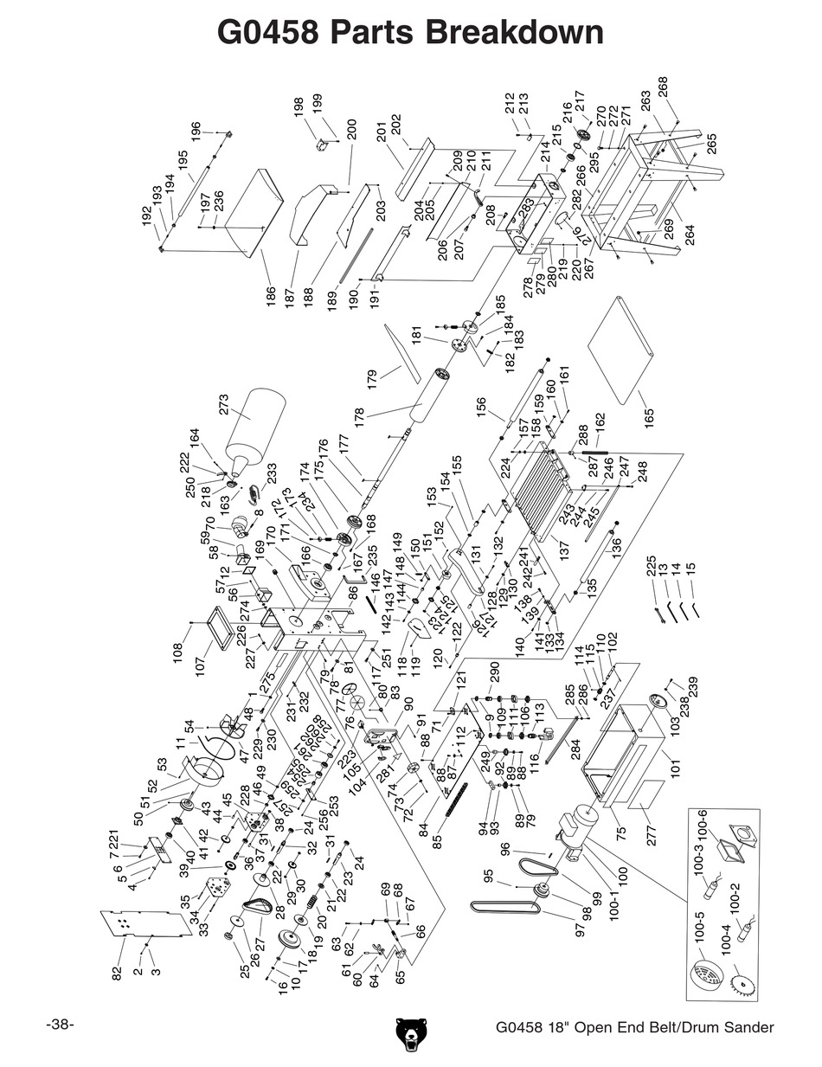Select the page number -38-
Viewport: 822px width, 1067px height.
tap(60, 1025)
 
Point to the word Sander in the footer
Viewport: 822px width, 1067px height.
tap(744, 1028)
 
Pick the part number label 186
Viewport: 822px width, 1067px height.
tap(268, 296)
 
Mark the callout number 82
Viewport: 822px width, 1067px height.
tap(118, 973)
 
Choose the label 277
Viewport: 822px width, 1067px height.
tap(652, 833)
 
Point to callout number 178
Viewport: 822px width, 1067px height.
tap(360, 417)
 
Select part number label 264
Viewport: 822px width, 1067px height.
tap(690, 235)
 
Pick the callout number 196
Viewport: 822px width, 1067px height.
tap(196, 132)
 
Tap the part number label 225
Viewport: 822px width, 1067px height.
tap(651, 567)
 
